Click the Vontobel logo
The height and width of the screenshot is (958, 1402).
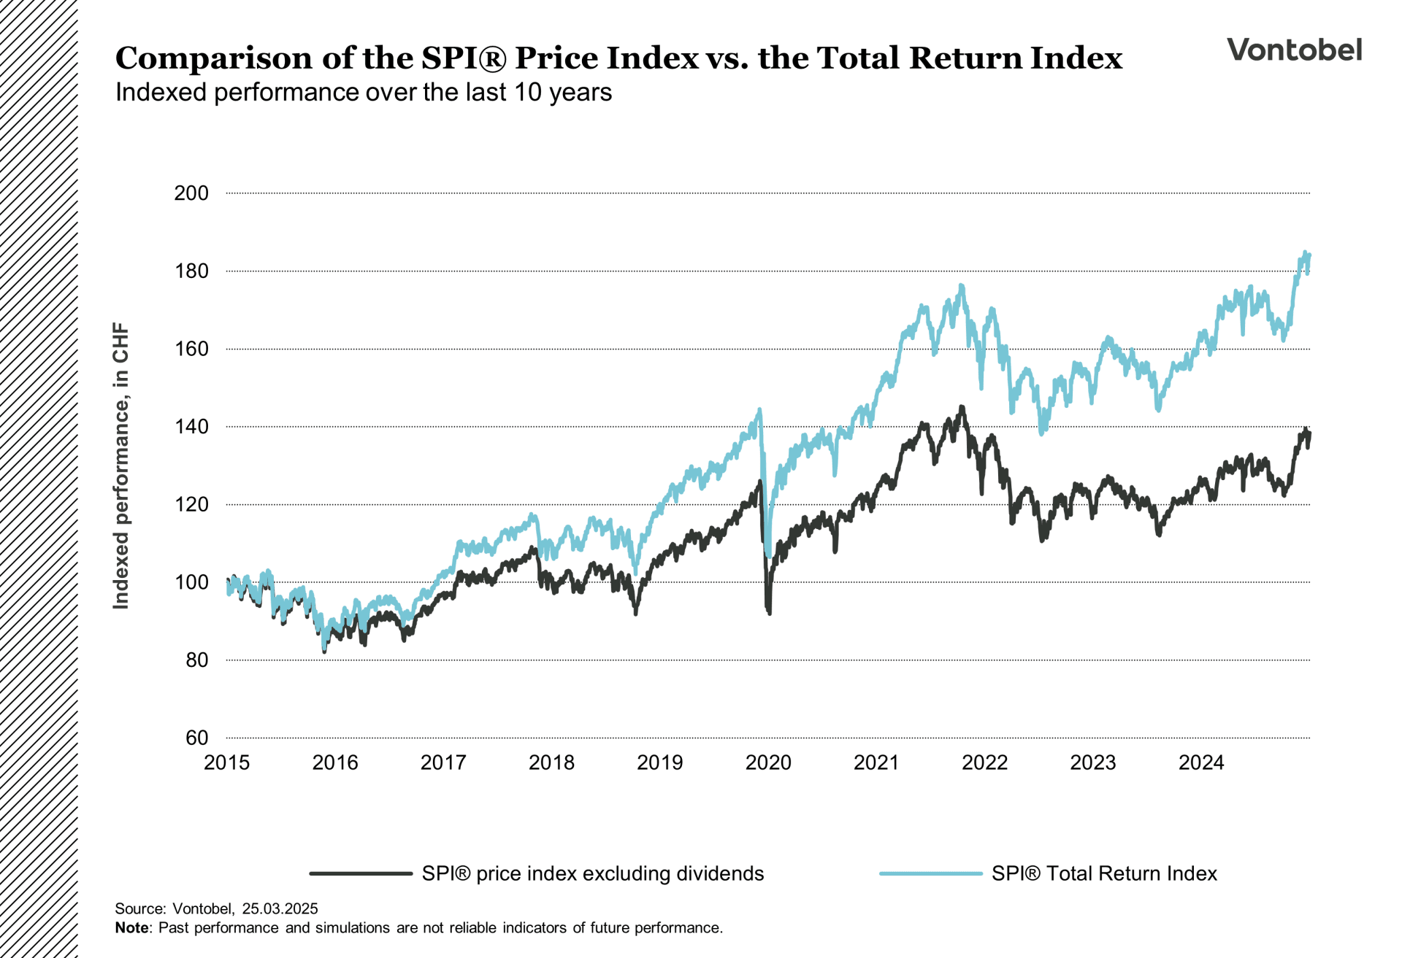pyautogui.click(x=1294, y=50)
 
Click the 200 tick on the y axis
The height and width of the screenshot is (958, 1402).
pyautogui.click(x=191, y=193)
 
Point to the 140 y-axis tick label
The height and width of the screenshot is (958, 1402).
pyautogui.click(x=191, y=427)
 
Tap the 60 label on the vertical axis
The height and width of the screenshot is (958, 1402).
pyautogui.click(x=196, y=738)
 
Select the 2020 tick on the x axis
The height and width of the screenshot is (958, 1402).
pyautogui.click(x=768, y=762)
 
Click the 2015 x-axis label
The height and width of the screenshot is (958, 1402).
pyautogui.click(x=226, y=762)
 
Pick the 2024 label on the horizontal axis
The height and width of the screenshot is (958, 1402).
pyautogui.click(x=1201, y=762)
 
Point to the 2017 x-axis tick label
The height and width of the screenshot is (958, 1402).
pyautogui.click(x=443, y=762)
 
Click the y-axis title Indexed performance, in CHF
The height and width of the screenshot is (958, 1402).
pyautogui.click(x=120, y=466)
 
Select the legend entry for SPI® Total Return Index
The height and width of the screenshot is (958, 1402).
pyautogui.click(x=1103, y=873)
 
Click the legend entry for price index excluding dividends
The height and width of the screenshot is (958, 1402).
pyautogui.click(x=592, y=873)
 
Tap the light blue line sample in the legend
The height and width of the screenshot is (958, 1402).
pyautogui.click(x=930, y=873)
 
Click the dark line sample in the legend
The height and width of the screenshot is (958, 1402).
pyautogui.click(x=361, y=873)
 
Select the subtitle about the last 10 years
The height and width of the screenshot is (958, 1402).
pyautogui.click(x=363, y=93)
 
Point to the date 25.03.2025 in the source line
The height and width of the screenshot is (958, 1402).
pyautogui.click(x=280, y=908)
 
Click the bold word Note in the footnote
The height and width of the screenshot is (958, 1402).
pyautogui.click(x=131, y=928)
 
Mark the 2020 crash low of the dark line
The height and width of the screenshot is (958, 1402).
pyautogui.click(x=770, y=613)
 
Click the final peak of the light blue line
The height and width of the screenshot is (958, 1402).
pyautogui.click(x=1305, y=253)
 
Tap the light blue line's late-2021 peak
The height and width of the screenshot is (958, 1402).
pyautogui.click(x=962, y=285)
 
